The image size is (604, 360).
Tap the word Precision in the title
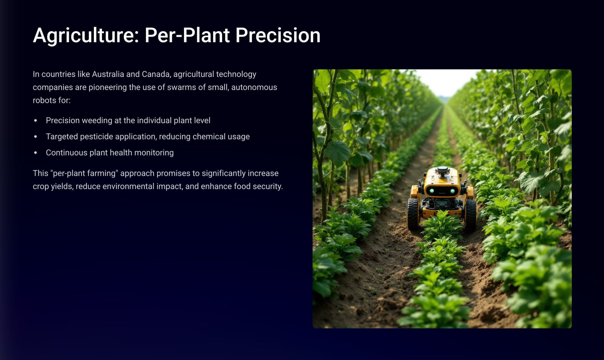pos(278,35)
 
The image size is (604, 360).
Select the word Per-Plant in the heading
pos(187,35)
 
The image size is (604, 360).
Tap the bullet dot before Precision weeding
pos(36,120)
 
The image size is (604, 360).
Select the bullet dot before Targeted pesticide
pos(36,137)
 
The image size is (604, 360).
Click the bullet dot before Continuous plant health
pos(36,153)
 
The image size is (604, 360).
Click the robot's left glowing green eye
pos(432,191)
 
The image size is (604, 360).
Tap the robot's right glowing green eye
pos(453,191)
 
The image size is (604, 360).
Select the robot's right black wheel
pos(470,215)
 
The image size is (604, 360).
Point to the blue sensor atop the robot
pos(443,169)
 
